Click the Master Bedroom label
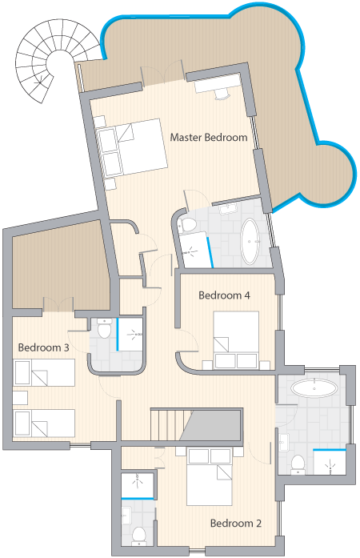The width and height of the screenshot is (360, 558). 209,138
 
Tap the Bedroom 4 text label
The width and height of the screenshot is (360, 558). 224,295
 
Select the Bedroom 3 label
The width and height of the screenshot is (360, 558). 43,347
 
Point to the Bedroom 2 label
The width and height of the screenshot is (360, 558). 236,523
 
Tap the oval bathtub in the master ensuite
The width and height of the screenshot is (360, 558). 250,241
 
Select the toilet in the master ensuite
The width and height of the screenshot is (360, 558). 187,225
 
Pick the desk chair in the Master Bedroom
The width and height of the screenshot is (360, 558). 222,94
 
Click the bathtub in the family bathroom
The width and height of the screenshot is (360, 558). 314,387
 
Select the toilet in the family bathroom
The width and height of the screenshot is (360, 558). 298,465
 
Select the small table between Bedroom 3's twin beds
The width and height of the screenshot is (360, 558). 20,398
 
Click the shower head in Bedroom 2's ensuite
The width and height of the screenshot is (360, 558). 138,481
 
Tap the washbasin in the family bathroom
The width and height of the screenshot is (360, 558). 284,443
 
